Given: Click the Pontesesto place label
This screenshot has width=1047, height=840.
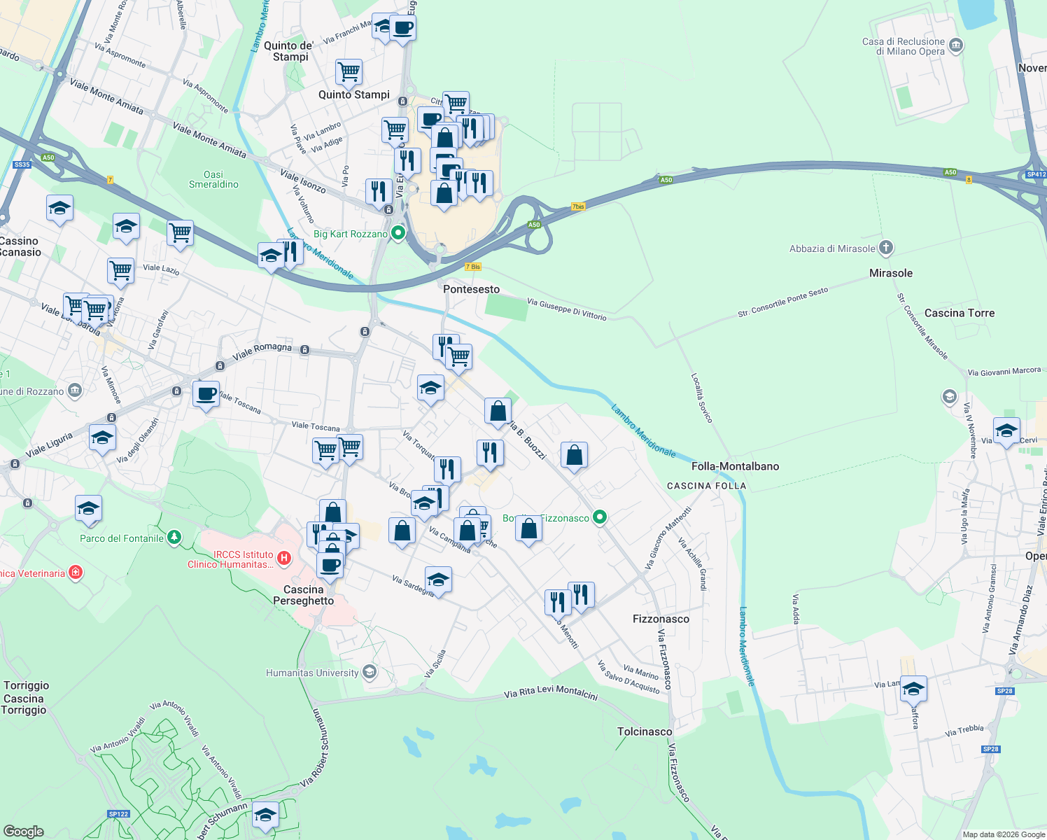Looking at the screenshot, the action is click(x=471, y=289).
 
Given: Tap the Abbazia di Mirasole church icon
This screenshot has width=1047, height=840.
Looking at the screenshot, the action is click(x=886, y=248).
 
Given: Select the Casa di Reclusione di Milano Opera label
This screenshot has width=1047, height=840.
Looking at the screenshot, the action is click(x=903, y=46).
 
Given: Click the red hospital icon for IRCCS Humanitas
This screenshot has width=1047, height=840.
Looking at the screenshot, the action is click(x=284, y=558).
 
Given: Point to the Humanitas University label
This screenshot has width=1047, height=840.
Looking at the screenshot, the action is click(x=312, y=673).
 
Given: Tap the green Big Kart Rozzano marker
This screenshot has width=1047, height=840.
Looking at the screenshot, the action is click(x=398, y=233).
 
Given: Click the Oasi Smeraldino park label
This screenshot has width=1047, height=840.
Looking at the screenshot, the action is click(x=213, y=179).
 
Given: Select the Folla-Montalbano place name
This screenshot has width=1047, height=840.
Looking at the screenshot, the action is click(x=735, y=466).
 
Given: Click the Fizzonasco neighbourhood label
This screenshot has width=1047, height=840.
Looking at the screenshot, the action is click(x=661, y=619).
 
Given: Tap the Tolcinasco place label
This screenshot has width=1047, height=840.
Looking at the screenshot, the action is click(x=645, y=731).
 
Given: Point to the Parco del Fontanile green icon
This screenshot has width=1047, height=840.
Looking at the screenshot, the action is click(x=174, y=538).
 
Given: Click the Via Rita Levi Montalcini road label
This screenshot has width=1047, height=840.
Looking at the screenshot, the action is click(x=551, y=693).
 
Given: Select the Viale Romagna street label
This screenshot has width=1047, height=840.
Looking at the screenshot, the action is click(x=262, y=351).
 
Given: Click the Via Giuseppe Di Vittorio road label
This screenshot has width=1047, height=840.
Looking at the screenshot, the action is click(x=566, y=309).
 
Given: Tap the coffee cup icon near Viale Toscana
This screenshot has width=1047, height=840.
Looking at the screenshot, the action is click(x=206, y=393).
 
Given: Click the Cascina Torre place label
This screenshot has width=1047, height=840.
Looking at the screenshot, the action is click(x=959, y=313).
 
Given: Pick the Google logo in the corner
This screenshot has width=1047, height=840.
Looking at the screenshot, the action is click(x=23, y=831).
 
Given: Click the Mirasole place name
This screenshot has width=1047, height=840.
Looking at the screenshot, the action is click(x=890, y=273).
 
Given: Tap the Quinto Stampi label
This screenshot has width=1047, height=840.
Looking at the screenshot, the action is click(x=353, y=94).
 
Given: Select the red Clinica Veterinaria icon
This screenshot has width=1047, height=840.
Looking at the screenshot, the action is click(x=76, y=573).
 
